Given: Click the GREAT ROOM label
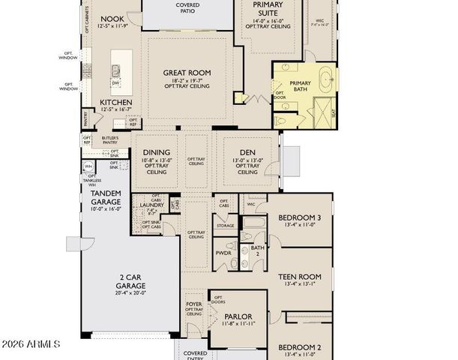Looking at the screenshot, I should tap(187, 73).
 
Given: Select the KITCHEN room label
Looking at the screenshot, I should tap(116, 102).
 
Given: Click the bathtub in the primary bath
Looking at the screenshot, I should tap(327, 77).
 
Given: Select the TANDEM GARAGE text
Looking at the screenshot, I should tap(106, 196).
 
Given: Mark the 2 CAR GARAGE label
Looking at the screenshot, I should tap(130, 281).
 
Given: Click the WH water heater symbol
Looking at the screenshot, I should tap(88, 166).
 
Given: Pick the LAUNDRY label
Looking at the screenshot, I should tap(152, 203).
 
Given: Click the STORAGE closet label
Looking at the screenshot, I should tap(226, 225).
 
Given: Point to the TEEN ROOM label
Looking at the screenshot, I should tap(299, 277).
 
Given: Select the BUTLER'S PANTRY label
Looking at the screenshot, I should tap(115, 140).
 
